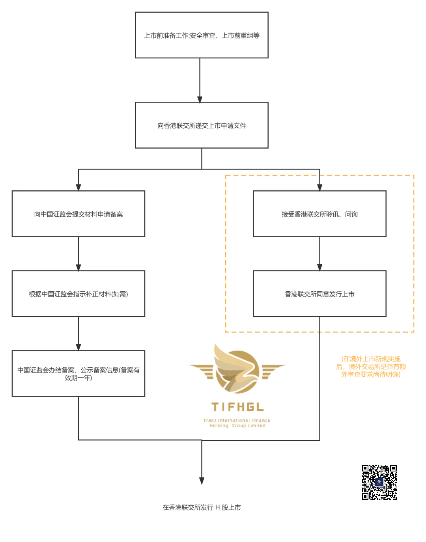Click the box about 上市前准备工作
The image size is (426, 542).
(202, 35)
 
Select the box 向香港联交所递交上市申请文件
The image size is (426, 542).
(202, 126)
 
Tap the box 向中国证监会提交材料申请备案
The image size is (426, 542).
(78, 214)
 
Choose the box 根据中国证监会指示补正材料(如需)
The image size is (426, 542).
(78, 294)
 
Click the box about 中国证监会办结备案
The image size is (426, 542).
(78, 374)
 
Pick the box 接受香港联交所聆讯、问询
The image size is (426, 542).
(319, 214)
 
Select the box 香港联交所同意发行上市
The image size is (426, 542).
(319, 294)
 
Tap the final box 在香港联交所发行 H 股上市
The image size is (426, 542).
(202, 508)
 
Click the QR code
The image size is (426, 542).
(379, 482)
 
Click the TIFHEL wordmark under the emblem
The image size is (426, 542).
(237, 407)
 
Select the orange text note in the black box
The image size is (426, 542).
(371, 366)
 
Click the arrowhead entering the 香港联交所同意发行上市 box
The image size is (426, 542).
(319, 267)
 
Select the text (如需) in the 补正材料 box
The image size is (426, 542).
(120, 294)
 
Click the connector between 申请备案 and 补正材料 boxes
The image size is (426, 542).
(78, 254)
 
